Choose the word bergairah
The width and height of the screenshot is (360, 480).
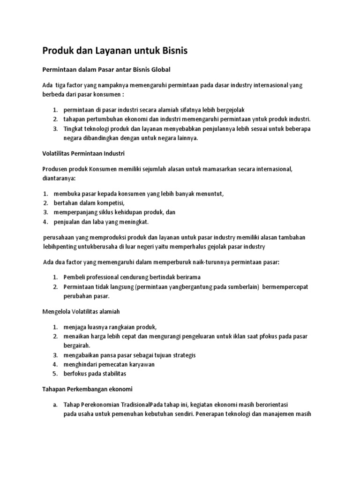(77, 345)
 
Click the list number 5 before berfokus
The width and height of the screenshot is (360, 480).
(55, 374)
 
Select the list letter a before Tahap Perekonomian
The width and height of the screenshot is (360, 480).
(55, 405)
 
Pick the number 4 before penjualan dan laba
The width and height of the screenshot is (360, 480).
(45, 221)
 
